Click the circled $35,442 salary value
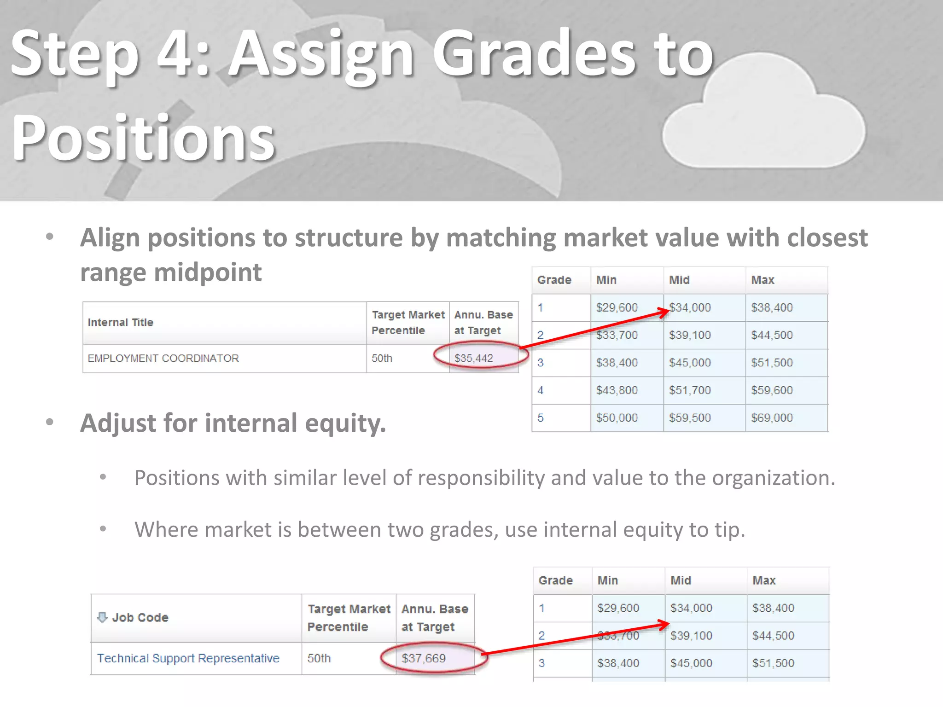point(473,358)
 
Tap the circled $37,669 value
point(424,658)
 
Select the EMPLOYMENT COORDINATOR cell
point(163,358)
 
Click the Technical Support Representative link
point(188,658)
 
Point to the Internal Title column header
point(121,322)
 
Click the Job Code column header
point(140,617)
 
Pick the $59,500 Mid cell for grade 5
point(690,417)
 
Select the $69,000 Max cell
point(772,417)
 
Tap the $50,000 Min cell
point(617,417)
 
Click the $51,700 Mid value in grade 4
point(690,390)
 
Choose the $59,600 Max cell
point(772,390)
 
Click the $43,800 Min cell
point(617,390)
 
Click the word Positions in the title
point(144,138)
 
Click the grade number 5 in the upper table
point(541,417)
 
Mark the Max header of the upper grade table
point(763,280)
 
